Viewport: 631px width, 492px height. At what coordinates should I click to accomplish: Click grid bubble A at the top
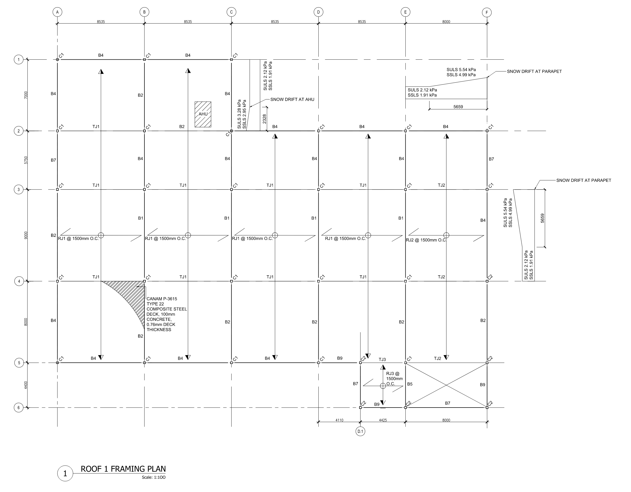58,12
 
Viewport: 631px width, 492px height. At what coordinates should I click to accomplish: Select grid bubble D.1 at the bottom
360,431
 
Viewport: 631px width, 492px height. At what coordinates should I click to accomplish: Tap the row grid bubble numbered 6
19,408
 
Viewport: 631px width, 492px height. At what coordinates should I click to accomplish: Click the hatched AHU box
203,114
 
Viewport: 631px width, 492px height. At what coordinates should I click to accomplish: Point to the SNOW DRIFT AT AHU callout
292,100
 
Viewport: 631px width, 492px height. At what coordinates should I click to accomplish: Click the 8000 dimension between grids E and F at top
446,22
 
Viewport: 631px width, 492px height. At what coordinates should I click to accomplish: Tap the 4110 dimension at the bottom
340,420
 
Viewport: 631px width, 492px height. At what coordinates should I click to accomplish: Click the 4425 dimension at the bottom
383,420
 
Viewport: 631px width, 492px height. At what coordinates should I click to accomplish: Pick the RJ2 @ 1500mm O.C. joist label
426,240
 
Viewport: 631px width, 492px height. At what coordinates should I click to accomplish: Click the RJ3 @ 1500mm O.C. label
394,379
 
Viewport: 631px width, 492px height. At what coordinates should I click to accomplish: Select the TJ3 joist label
382,360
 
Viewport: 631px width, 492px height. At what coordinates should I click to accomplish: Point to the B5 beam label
410,384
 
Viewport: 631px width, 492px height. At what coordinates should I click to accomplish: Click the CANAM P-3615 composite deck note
167,314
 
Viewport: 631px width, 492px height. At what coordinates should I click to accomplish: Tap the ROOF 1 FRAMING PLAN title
123,469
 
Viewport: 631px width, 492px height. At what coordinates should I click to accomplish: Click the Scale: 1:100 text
153,477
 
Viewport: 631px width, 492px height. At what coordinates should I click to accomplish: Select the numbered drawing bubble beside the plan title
65,473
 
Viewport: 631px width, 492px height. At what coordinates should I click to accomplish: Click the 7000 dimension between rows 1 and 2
26,95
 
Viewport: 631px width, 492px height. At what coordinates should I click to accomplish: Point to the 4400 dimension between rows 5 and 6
26,385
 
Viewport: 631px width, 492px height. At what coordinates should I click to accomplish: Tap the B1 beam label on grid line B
140,218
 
